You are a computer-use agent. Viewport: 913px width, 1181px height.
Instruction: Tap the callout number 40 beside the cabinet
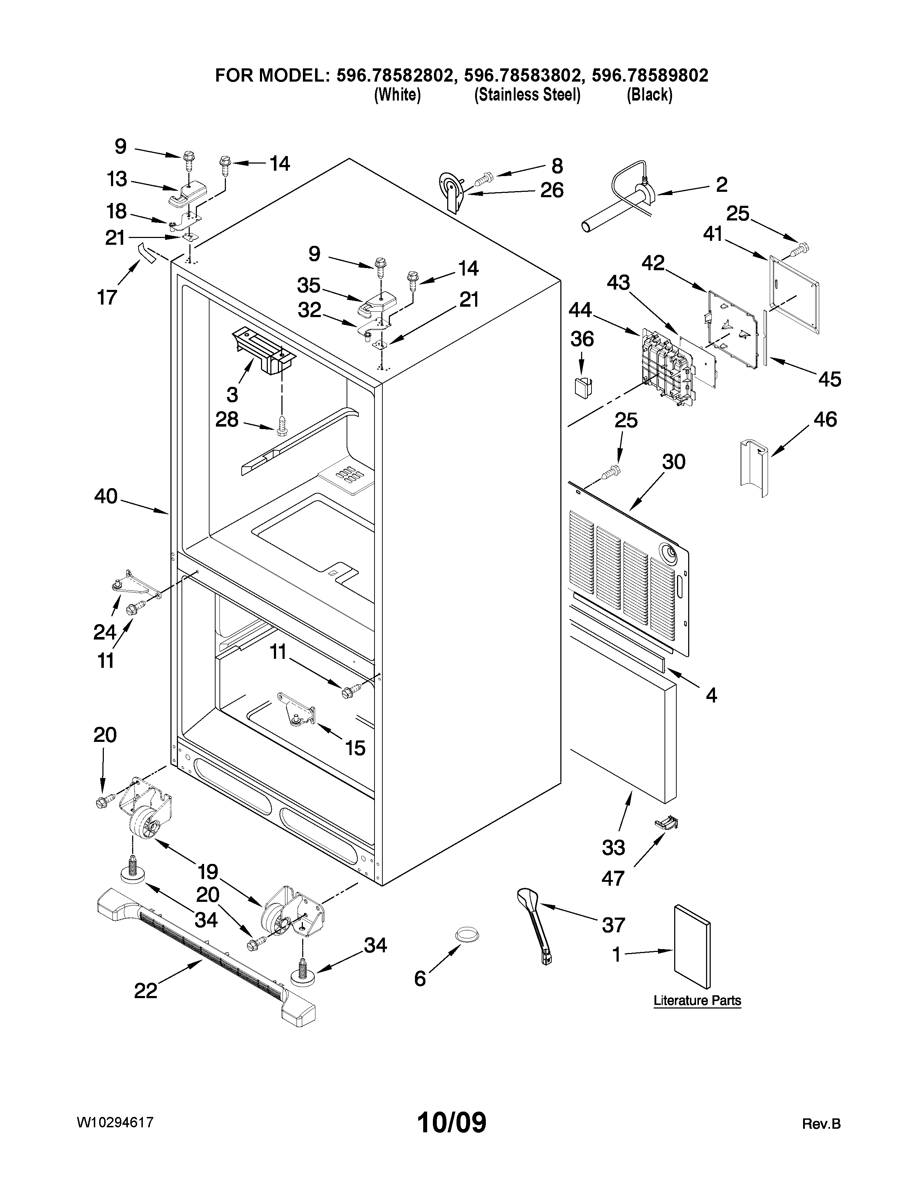(106, 496)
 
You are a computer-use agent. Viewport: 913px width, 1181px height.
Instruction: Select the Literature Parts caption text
(697, 1000)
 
